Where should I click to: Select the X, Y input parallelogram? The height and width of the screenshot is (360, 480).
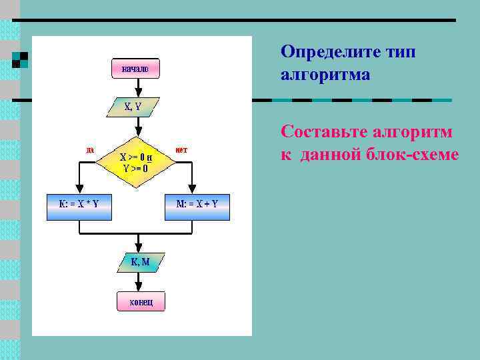(136, 105)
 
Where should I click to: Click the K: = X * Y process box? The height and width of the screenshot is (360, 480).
(79, 205)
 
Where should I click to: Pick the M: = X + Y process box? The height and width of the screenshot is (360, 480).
(197, 205)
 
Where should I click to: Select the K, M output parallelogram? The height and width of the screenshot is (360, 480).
(139, 262)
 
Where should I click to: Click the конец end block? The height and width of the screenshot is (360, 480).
(141, 302)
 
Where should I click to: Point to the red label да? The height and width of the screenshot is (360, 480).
(90, 149)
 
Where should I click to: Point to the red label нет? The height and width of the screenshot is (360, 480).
(181, 149)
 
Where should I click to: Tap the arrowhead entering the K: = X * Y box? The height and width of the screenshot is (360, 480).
(79, 189)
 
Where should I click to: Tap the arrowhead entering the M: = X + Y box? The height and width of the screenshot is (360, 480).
(192, 189)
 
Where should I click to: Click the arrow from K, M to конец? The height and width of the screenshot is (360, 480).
(139, 282)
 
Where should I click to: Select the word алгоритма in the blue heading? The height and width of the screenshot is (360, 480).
(325, 75)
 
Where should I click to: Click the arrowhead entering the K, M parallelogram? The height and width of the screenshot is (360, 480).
(139, 248)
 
